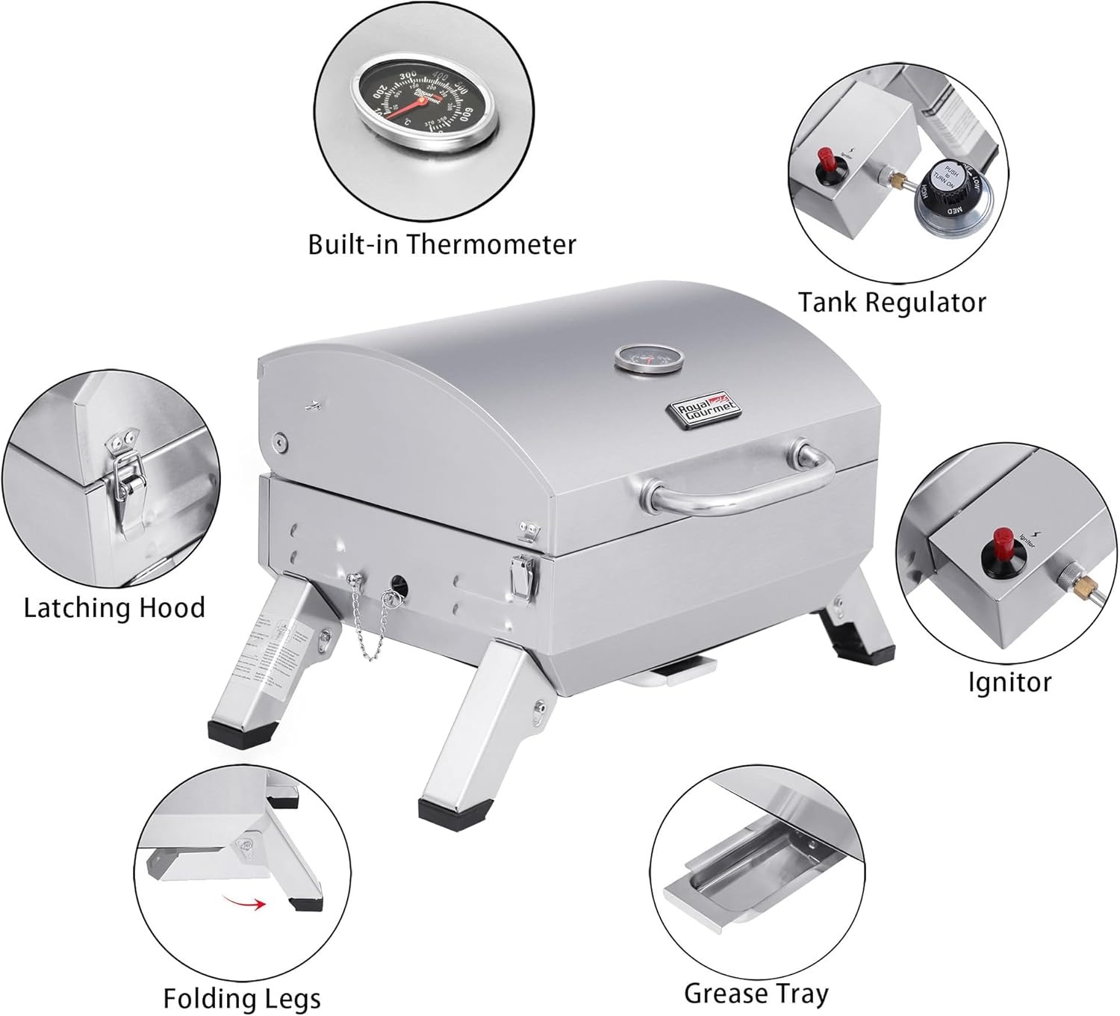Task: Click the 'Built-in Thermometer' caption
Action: (x=442, y=244)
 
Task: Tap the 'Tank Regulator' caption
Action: (x=892, y=303)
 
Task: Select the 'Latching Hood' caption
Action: (x=114, y=607)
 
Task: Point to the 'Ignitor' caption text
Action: (x=1009, y=682)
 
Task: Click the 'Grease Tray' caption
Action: (x=756, y=973)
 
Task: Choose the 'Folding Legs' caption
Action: (x=242, y=998)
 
